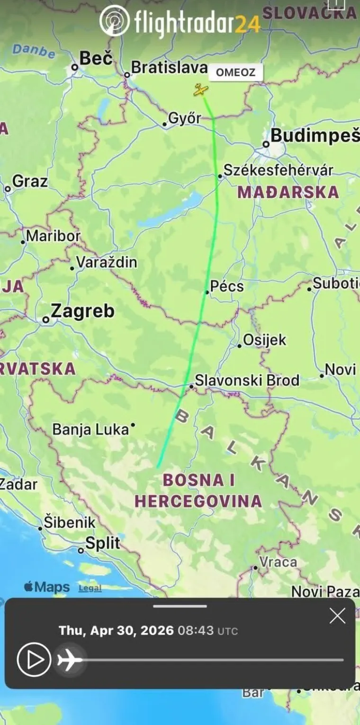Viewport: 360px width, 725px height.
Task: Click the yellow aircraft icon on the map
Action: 201,90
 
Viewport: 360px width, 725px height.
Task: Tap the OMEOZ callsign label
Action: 235,72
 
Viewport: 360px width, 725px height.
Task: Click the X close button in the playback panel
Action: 337,616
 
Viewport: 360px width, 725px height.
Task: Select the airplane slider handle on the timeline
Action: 70,660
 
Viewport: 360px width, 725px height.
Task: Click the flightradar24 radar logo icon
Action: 114,20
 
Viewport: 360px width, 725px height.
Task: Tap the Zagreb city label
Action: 82,311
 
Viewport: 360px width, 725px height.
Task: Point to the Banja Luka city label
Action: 90,430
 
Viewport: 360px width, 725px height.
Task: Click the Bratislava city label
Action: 169,68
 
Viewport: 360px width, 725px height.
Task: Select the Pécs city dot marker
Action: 207,292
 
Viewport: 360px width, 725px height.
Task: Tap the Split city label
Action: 102,544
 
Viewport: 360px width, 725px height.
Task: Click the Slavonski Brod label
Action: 247,381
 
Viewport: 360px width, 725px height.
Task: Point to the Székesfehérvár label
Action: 278,170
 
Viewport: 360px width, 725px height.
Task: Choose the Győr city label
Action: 185,118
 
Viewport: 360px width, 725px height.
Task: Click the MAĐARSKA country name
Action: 288,192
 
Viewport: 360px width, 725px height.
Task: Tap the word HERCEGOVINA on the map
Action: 198,501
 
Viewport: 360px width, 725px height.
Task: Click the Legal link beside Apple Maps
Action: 90,588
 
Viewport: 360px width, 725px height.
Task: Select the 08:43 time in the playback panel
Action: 195,631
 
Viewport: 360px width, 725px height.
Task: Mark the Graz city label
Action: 30,181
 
